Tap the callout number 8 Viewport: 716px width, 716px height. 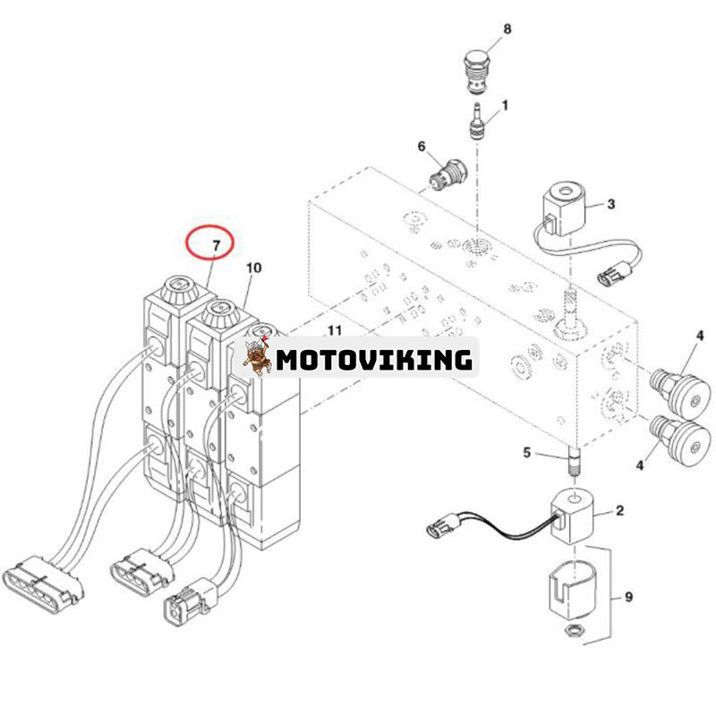pyautogui.click(x=507, y=30)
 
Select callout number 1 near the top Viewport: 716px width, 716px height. pyautogui.click(x=505, y=105)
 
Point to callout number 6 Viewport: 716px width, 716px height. pyautogui.click(x=422, y=146)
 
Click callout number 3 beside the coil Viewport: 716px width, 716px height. pyautogui.click(x=611, y=204)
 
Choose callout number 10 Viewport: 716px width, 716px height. pyautogui.click(x=254, y=268)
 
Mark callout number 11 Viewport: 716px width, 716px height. pyautogui.click(x=334, y=331)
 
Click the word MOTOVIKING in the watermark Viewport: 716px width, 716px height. pyautogui.click(x=373, y=360)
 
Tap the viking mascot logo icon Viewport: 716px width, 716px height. pyautogui.click(x=257, y=357)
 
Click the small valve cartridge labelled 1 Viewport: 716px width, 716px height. pyautogui.click(x=477, y=122)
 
